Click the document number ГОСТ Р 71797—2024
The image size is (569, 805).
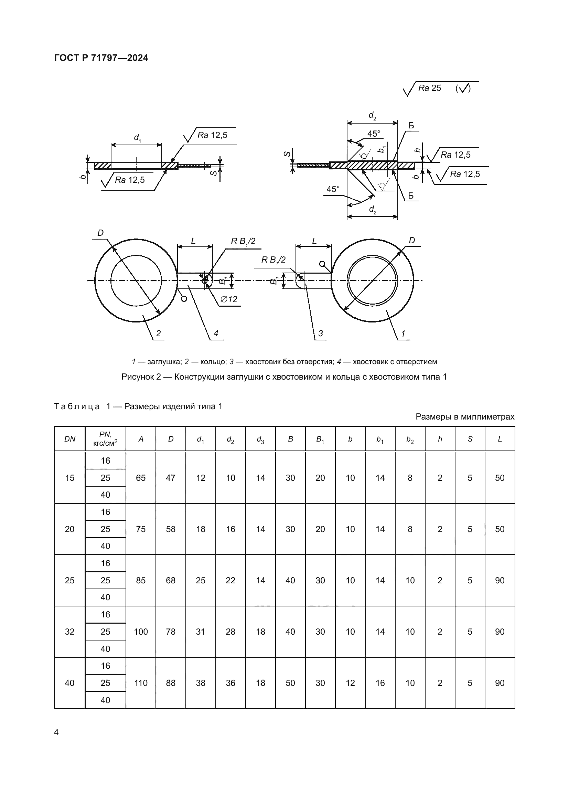(x=101, y=58)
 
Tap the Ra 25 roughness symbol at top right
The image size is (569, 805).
(x=429, y=88)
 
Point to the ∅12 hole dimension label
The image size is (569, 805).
(x=229, y=299)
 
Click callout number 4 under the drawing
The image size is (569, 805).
(x=216, y=333)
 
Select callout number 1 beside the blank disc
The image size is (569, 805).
(x=403, y=333)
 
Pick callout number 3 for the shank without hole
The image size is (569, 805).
(x=320, y=333)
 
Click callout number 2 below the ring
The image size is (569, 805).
(x=158, y=333)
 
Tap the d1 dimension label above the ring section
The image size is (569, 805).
(x=137, y=138)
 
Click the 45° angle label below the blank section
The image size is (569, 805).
(x=333, y=189)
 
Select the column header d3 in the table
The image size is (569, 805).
(x=260, y=439)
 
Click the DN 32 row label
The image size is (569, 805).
(x=70, y=632)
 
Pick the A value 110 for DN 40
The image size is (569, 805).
(x=141, y=683)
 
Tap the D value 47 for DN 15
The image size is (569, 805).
(x=171, y=478)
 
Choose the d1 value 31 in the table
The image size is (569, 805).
(x=201, y=632)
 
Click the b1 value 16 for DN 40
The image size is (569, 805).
(x=380, y=683)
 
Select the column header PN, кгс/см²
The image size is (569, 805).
(x=105, y=439)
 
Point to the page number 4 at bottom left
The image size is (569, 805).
(x=57, y=732)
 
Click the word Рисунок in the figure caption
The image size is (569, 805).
(x=138, y=377)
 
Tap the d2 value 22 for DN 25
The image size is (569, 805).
(x=230, y=581)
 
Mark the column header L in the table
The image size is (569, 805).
(x=500, y=439)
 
